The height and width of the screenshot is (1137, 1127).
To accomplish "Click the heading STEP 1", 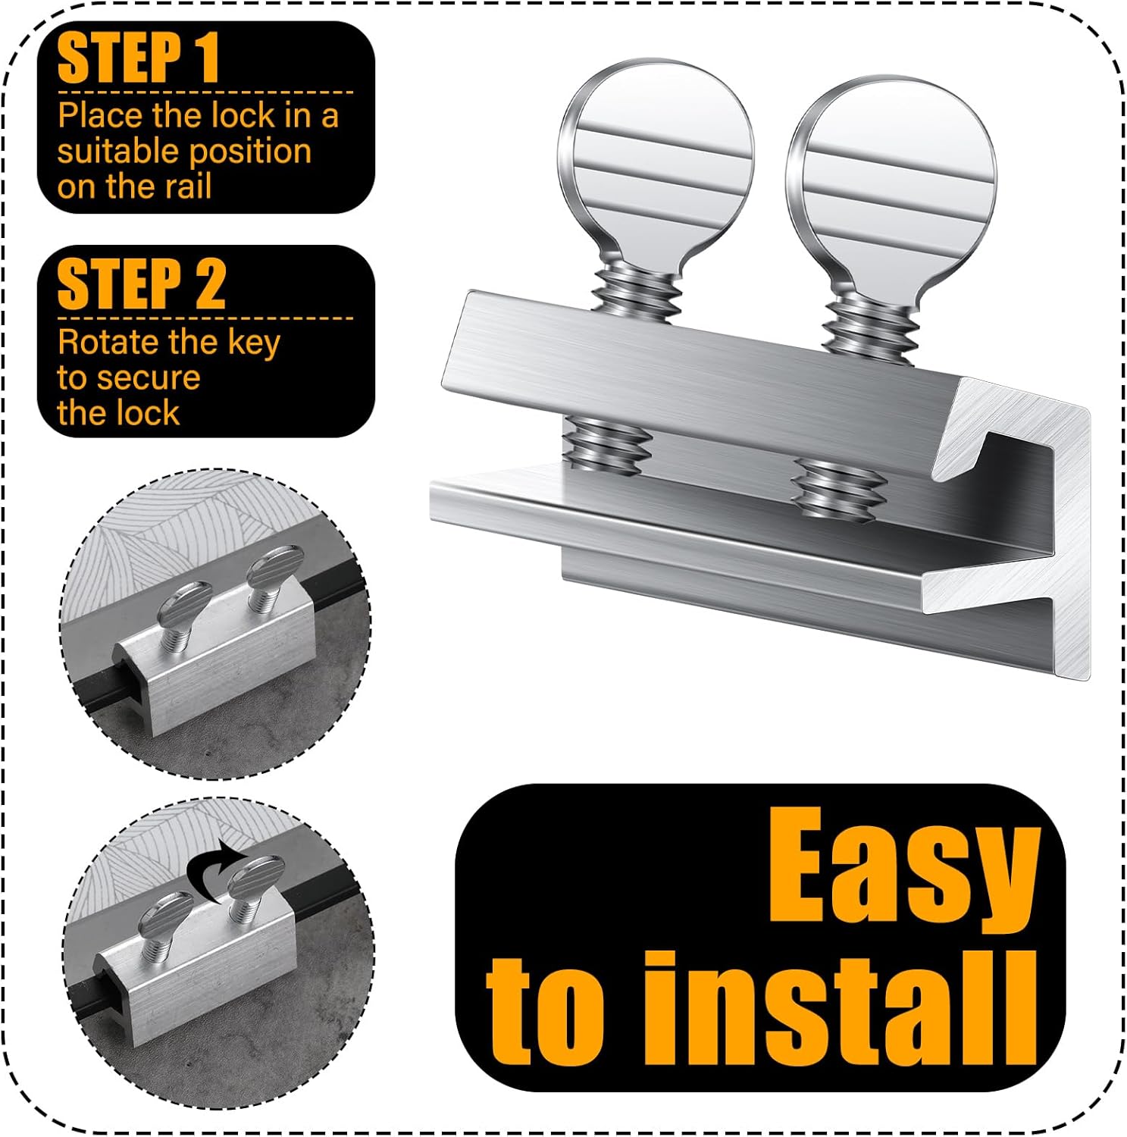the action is pos(138,58).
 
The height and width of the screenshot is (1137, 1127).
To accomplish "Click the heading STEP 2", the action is pos(141,283).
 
